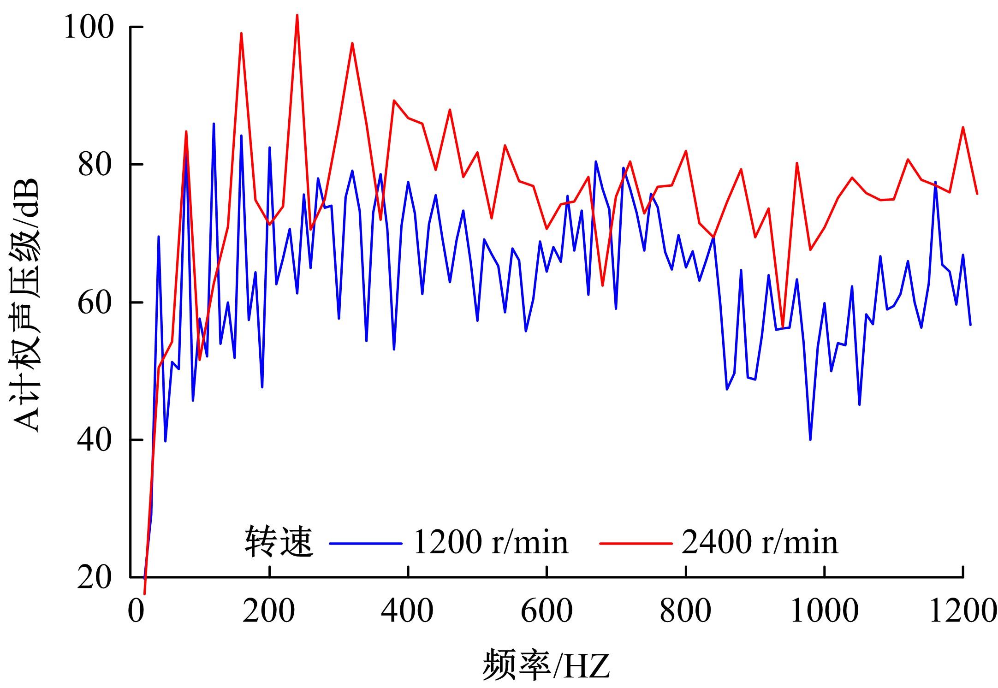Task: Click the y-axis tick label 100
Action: pos(89,28)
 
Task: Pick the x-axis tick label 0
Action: pos(136,611)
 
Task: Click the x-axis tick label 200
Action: pos(269,611)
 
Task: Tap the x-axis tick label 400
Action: pos(408,611)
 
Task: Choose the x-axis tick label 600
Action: pos(547,611)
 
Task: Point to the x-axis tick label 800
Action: pos(686,611)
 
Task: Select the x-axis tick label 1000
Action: pos(825,611)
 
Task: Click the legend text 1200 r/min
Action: pos(491,542)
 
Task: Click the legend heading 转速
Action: pos(279,542)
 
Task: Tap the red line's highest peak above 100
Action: pos(297,15)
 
